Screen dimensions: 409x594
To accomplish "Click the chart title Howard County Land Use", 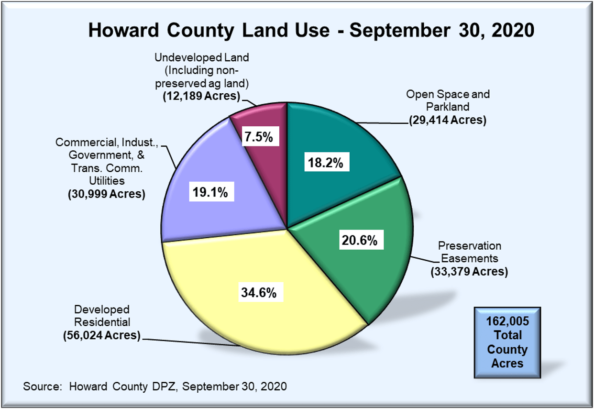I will point(311,31).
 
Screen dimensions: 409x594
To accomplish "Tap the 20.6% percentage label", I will point(359,241).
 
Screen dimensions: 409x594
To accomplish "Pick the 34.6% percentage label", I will point(258,292).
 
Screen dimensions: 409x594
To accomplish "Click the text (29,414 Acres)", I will point(448,120).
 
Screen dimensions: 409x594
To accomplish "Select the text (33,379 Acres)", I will point(469,272).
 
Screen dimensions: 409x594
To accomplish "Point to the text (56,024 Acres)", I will point(101,335).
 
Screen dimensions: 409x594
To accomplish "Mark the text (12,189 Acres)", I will point(201,95).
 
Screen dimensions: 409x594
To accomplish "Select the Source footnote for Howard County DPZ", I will point(155,387).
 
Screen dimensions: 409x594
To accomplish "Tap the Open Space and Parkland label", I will point(448,100).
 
